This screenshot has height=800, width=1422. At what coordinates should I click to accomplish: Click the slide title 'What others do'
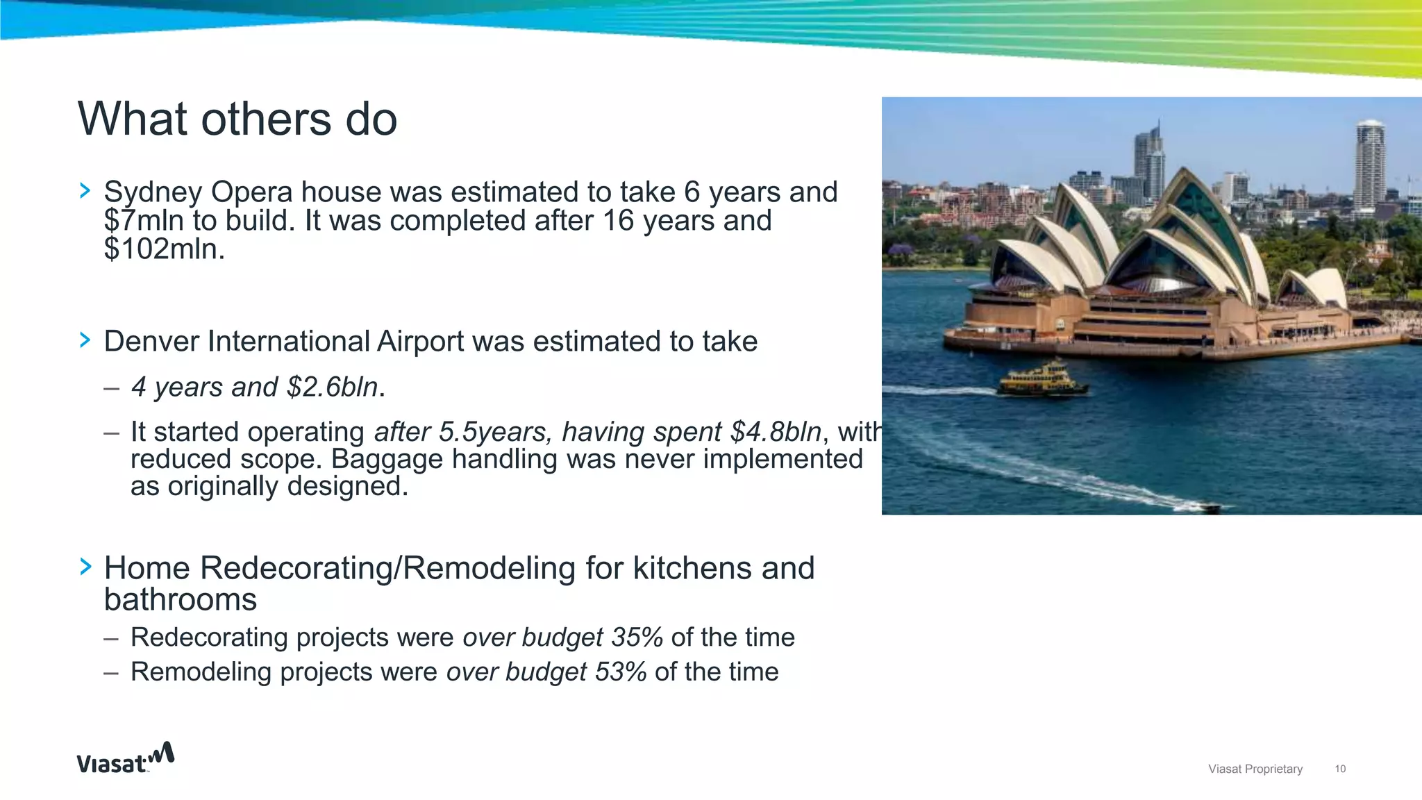coord(237,119)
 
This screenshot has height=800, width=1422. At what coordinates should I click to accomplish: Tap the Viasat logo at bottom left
coord(125,758)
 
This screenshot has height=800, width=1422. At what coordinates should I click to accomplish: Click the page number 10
coord(1340,769)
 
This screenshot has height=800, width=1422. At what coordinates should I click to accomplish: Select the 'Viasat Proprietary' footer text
coord(1255,769)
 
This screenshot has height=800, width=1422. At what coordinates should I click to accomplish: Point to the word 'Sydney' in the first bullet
coord(153,192)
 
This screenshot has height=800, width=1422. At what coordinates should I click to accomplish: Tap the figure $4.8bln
coord(776,432)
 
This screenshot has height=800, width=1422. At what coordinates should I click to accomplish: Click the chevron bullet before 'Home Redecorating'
coord(85,566)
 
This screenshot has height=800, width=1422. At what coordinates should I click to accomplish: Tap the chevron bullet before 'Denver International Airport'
coord(85,340)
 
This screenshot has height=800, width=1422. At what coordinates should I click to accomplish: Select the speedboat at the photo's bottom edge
coord(1209,508)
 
